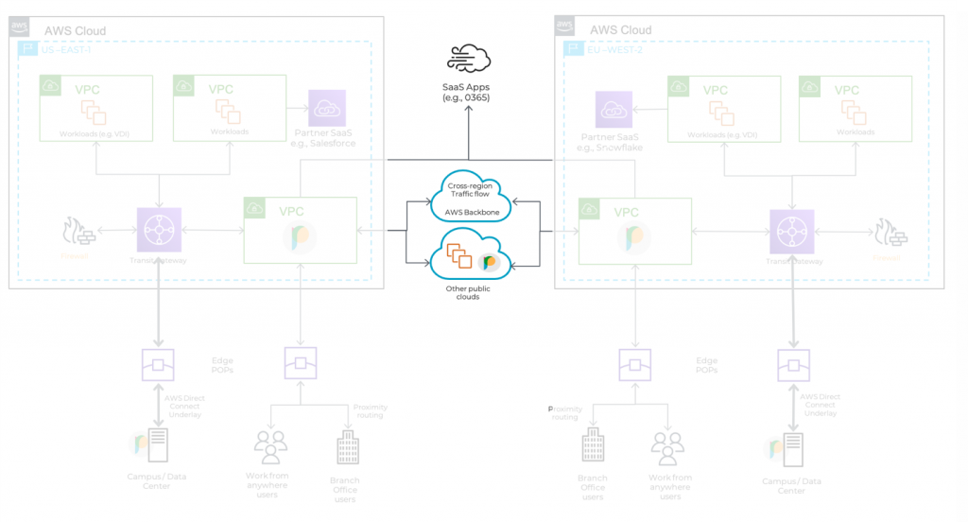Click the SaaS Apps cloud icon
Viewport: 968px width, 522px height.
tap(469, 59)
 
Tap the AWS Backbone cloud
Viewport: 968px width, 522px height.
tap(470, 195)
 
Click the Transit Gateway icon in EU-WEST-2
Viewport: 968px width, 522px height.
tap(792, 230)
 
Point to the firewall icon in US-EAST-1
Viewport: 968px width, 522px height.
tap(73, 232)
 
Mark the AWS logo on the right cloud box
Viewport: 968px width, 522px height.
tap(565, 26)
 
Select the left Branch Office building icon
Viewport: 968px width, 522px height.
tap(345, 447)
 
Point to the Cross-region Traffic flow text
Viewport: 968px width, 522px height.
tap(469, 189)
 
